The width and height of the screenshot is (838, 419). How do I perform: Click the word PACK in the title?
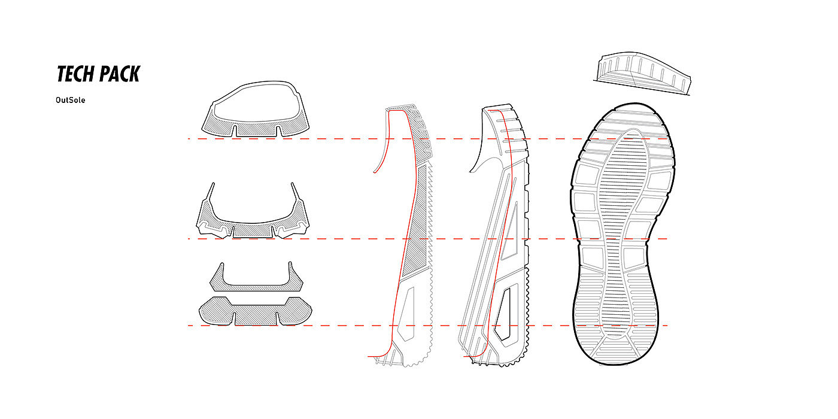(x=119, y=74)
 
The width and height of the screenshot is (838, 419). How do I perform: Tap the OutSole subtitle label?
(x=70, y=100)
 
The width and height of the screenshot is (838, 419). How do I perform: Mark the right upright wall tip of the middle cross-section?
(x=293, y=186)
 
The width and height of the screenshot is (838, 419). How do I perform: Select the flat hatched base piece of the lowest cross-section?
(x=255, y=311)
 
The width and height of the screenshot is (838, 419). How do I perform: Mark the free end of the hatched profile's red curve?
(x=374, y=172)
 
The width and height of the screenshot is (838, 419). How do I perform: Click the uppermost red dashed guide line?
(x=335, y=139)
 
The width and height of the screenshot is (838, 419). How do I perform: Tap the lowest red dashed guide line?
(x=335, y=326)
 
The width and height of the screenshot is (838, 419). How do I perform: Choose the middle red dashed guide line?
(x=335, y=239)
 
